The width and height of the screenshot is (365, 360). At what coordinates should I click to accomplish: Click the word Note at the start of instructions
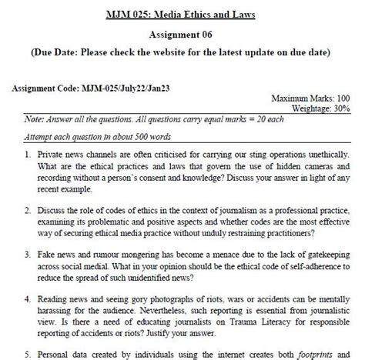[35, 120]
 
